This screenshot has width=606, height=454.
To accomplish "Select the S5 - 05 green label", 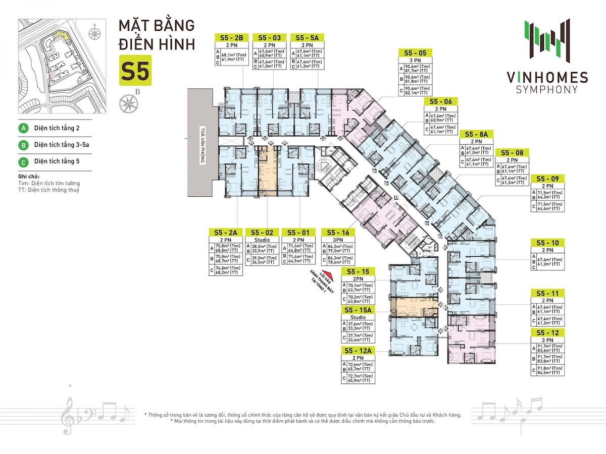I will point(416,52).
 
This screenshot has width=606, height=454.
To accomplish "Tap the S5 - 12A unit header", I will point(358,351).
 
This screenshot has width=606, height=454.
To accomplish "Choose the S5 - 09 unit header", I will point(547,178).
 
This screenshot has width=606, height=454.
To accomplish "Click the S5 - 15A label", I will point(358,310).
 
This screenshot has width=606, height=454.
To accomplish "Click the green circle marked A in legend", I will point(23,128).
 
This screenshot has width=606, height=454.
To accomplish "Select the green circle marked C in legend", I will point(23,161).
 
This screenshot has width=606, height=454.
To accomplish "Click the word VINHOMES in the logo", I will point(547,78).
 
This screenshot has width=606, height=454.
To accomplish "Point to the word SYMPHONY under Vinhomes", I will point(547,90).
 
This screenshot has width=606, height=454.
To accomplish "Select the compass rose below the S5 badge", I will point(127,103).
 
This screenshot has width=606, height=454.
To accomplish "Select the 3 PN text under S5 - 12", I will point(547,340).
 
